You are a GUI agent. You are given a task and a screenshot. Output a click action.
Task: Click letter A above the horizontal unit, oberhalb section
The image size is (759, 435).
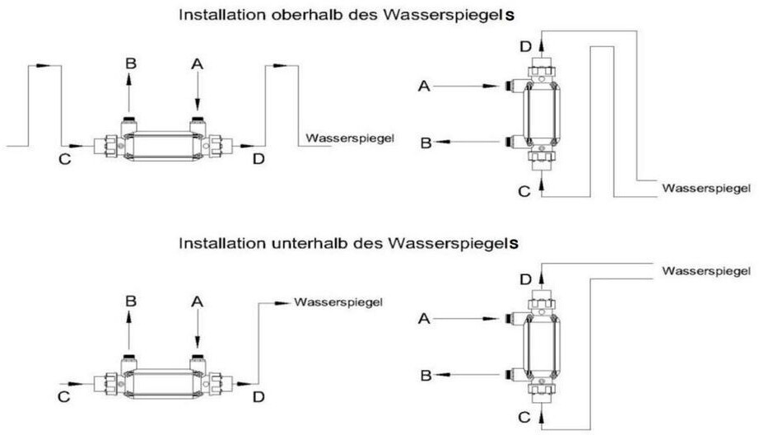196,63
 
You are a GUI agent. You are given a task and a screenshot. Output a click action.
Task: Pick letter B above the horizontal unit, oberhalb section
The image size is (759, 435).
129,63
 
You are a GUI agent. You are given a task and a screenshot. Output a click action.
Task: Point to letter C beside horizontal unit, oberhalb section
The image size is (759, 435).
63,159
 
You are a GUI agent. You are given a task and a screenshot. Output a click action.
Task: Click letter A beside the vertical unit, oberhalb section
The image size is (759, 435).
424,86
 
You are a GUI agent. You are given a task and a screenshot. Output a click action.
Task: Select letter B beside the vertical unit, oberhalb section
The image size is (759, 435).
425,143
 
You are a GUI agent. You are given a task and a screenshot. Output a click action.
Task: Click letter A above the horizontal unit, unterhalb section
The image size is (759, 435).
197,302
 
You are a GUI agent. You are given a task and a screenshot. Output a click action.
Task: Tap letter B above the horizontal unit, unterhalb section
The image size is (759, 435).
129,302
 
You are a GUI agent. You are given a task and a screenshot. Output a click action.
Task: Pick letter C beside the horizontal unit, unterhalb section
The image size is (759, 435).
63,398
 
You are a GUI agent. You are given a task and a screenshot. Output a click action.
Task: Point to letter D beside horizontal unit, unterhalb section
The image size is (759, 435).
258,398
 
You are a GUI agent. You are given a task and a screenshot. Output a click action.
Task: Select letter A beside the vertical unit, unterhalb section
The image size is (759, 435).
424,318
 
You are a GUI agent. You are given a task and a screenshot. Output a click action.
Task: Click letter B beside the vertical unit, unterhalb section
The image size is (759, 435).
425,376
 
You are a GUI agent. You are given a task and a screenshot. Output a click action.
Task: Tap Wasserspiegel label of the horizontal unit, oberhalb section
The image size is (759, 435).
346,138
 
